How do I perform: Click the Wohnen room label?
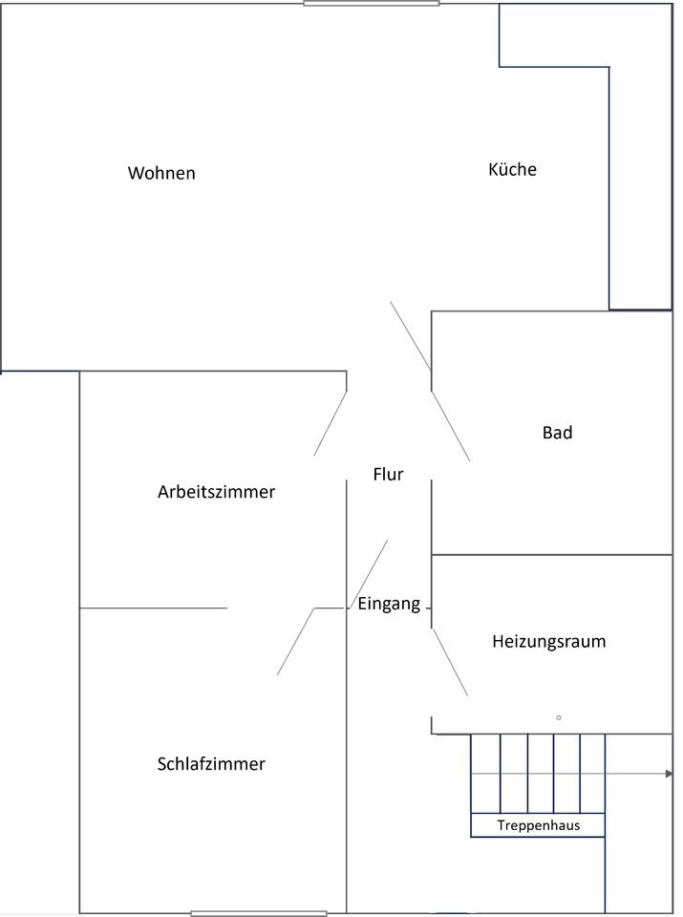(161, 173)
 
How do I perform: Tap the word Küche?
(512, 169)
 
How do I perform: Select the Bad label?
(557, 433)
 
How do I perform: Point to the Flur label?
(388, 474)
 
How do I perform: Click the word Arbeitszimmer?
(216, 492)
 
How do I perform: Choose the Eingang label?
(389, 603)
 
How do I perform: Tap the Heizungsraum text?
(548, 641)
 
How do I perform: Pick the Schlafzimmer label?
(210, 764)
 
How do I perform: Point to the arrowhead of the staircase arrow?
(668, 774)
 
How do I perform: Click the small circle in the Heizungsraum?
(559, 717)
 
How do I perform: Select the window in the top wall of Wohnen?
(371, 4)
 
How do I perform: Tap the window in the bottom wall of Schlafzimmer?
(258, 913)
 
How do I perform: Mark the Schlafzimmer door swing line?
(295, 642)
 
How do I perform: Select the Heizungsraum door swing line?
(450, 661)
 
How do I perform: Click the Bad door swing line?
(451, 426)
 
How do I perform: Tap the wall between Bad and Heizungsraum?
(552, 554)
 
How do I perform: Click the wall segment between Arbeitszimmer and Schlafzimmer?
(153, 608)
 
